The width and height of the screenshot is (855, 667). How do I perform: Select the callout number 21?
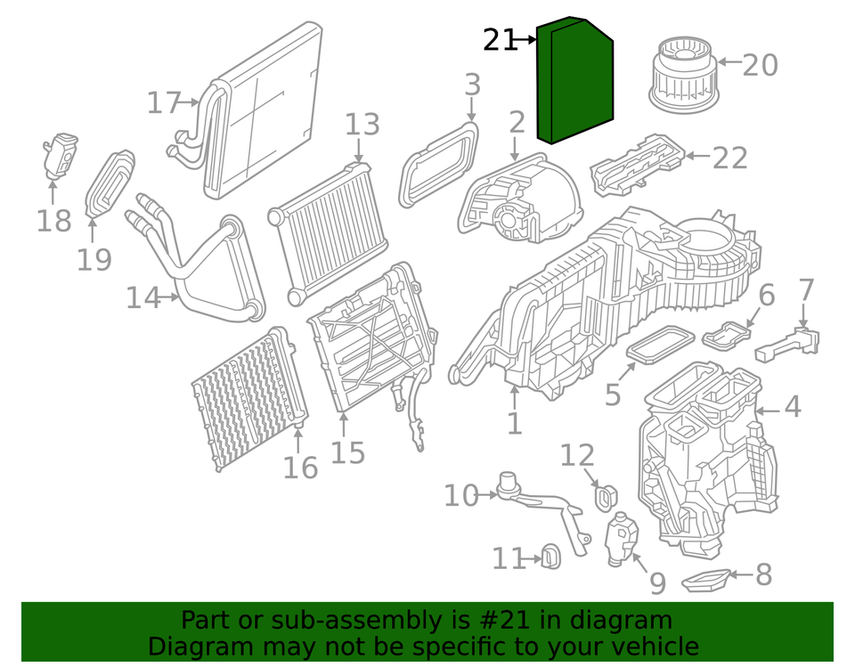click(x=500, y=40)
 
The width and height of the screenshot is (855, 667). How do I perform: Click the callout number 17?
click(x=164, y=103)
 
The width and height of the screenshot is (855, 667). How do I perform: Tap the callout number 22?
click(x=730, y=158)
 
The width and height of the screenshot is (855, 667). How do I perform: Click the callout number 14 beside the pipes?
click(x=142, y=297)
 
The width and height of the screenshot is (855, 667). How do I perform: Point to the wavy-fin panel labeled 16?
click(x=245, y=399)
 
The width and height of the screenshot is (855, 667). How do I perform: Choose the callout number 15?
click(x=347, y=452)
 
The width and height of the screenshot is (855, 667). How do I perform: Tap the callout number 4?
click(x=792, y=408)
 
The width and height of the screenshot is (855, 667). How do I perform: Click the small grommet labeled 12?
click(x=606, y=498)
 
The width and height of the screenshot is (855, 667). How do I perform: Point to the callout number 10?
click(x=461, y=495)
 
